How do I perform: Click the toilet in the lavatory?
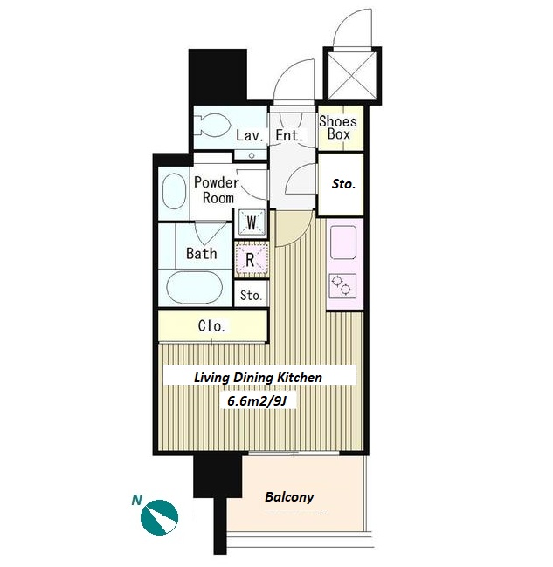[x=213, y=125]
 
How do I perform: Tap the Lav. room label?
[x=249, y=136]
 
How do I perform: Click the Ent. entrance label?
[x=288, y=135]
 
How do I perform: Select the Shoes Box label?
[x=338, y=127]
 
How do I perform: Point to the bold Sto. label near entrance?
[x=343, y=184]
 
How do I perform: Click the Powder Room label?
[x=217, y=190]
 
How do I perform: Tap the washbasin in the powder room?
[x=174, y=191]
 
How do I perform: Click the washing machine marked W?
[x=252, y=222]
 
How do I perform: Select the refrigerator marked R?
[x=252, y=260]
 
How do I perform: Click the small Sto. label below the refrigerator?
[x=251, y=295]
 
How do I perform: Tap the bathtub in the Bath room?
[x=194, y=288]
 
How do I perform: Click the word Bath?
[x=201, y=253]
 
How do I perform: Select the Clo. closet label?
[x=211, y=326]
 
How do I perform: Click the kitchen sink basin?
[x=343, y=243]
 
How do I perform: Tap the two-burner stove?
[x=342, y=285]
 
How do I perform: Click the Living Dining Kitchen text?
[x=258, y=378]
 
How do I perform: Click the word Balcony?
[x=289, y=497]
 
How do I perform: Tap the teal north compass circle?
[x=159, y=517]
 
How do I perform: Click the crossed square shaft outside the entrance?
[x=352, y=76]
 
